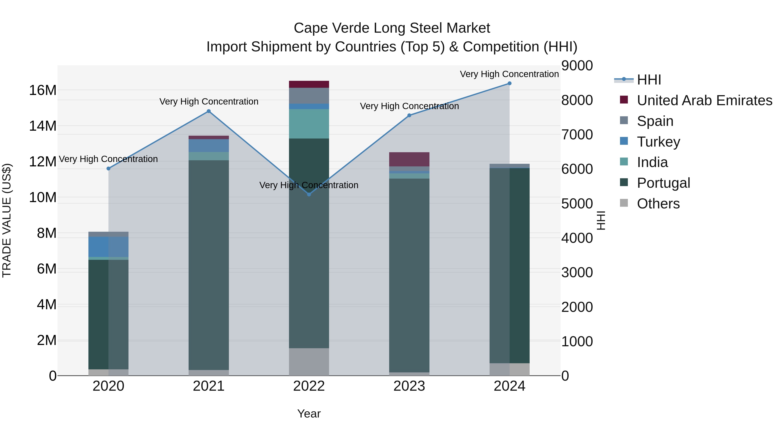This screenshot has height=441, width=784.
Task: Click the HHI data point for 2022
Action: [309, 194]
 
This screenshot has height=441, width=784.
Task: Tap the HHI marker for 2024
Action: [509, 83]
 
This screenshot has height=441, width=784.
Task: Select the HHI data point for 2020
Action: [108, 168]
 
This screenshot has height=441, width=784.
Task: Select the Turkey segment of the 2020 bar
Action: [108, 247]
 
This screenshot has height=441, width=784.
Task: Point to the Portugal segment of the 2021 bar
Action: [209, 265]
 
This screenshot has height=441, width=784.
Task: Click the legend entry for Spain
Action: [655, 121]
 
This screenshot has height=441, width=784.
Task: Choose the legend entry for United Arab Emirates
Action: [704, 100]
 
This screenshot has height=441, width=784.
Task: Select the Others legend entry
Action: [658, 204]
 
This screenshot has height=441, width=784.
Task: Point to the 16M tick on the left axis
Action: [43, 90]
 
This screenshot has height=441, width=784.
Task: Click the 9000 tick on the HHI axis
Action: [577, 66]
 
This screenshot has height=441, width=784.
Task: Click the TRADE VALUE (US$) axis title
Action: [7, 220]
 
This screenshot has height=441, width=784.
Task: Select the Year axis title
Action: [309, 414]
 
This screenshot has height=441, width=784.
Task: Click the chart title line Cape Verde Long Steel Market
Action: [392, 28]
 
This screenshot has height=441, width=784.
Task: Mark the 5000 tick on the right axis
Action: [577, 204]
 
